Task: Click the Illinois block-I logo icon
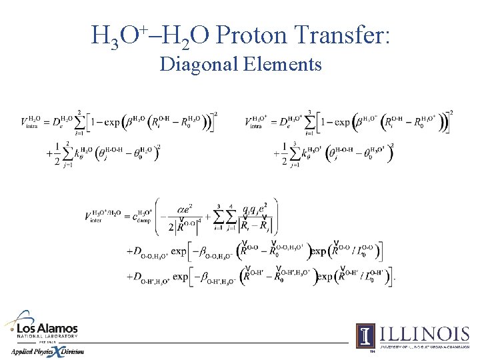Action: coord(365,335)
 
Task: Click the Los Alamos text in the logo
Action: coord(47,329)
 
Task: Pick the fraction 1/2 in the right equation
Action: coord(285,151)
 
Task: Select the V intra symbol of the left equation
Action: coord(31,122)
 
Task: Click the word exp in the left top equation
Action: coord(113,122)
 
